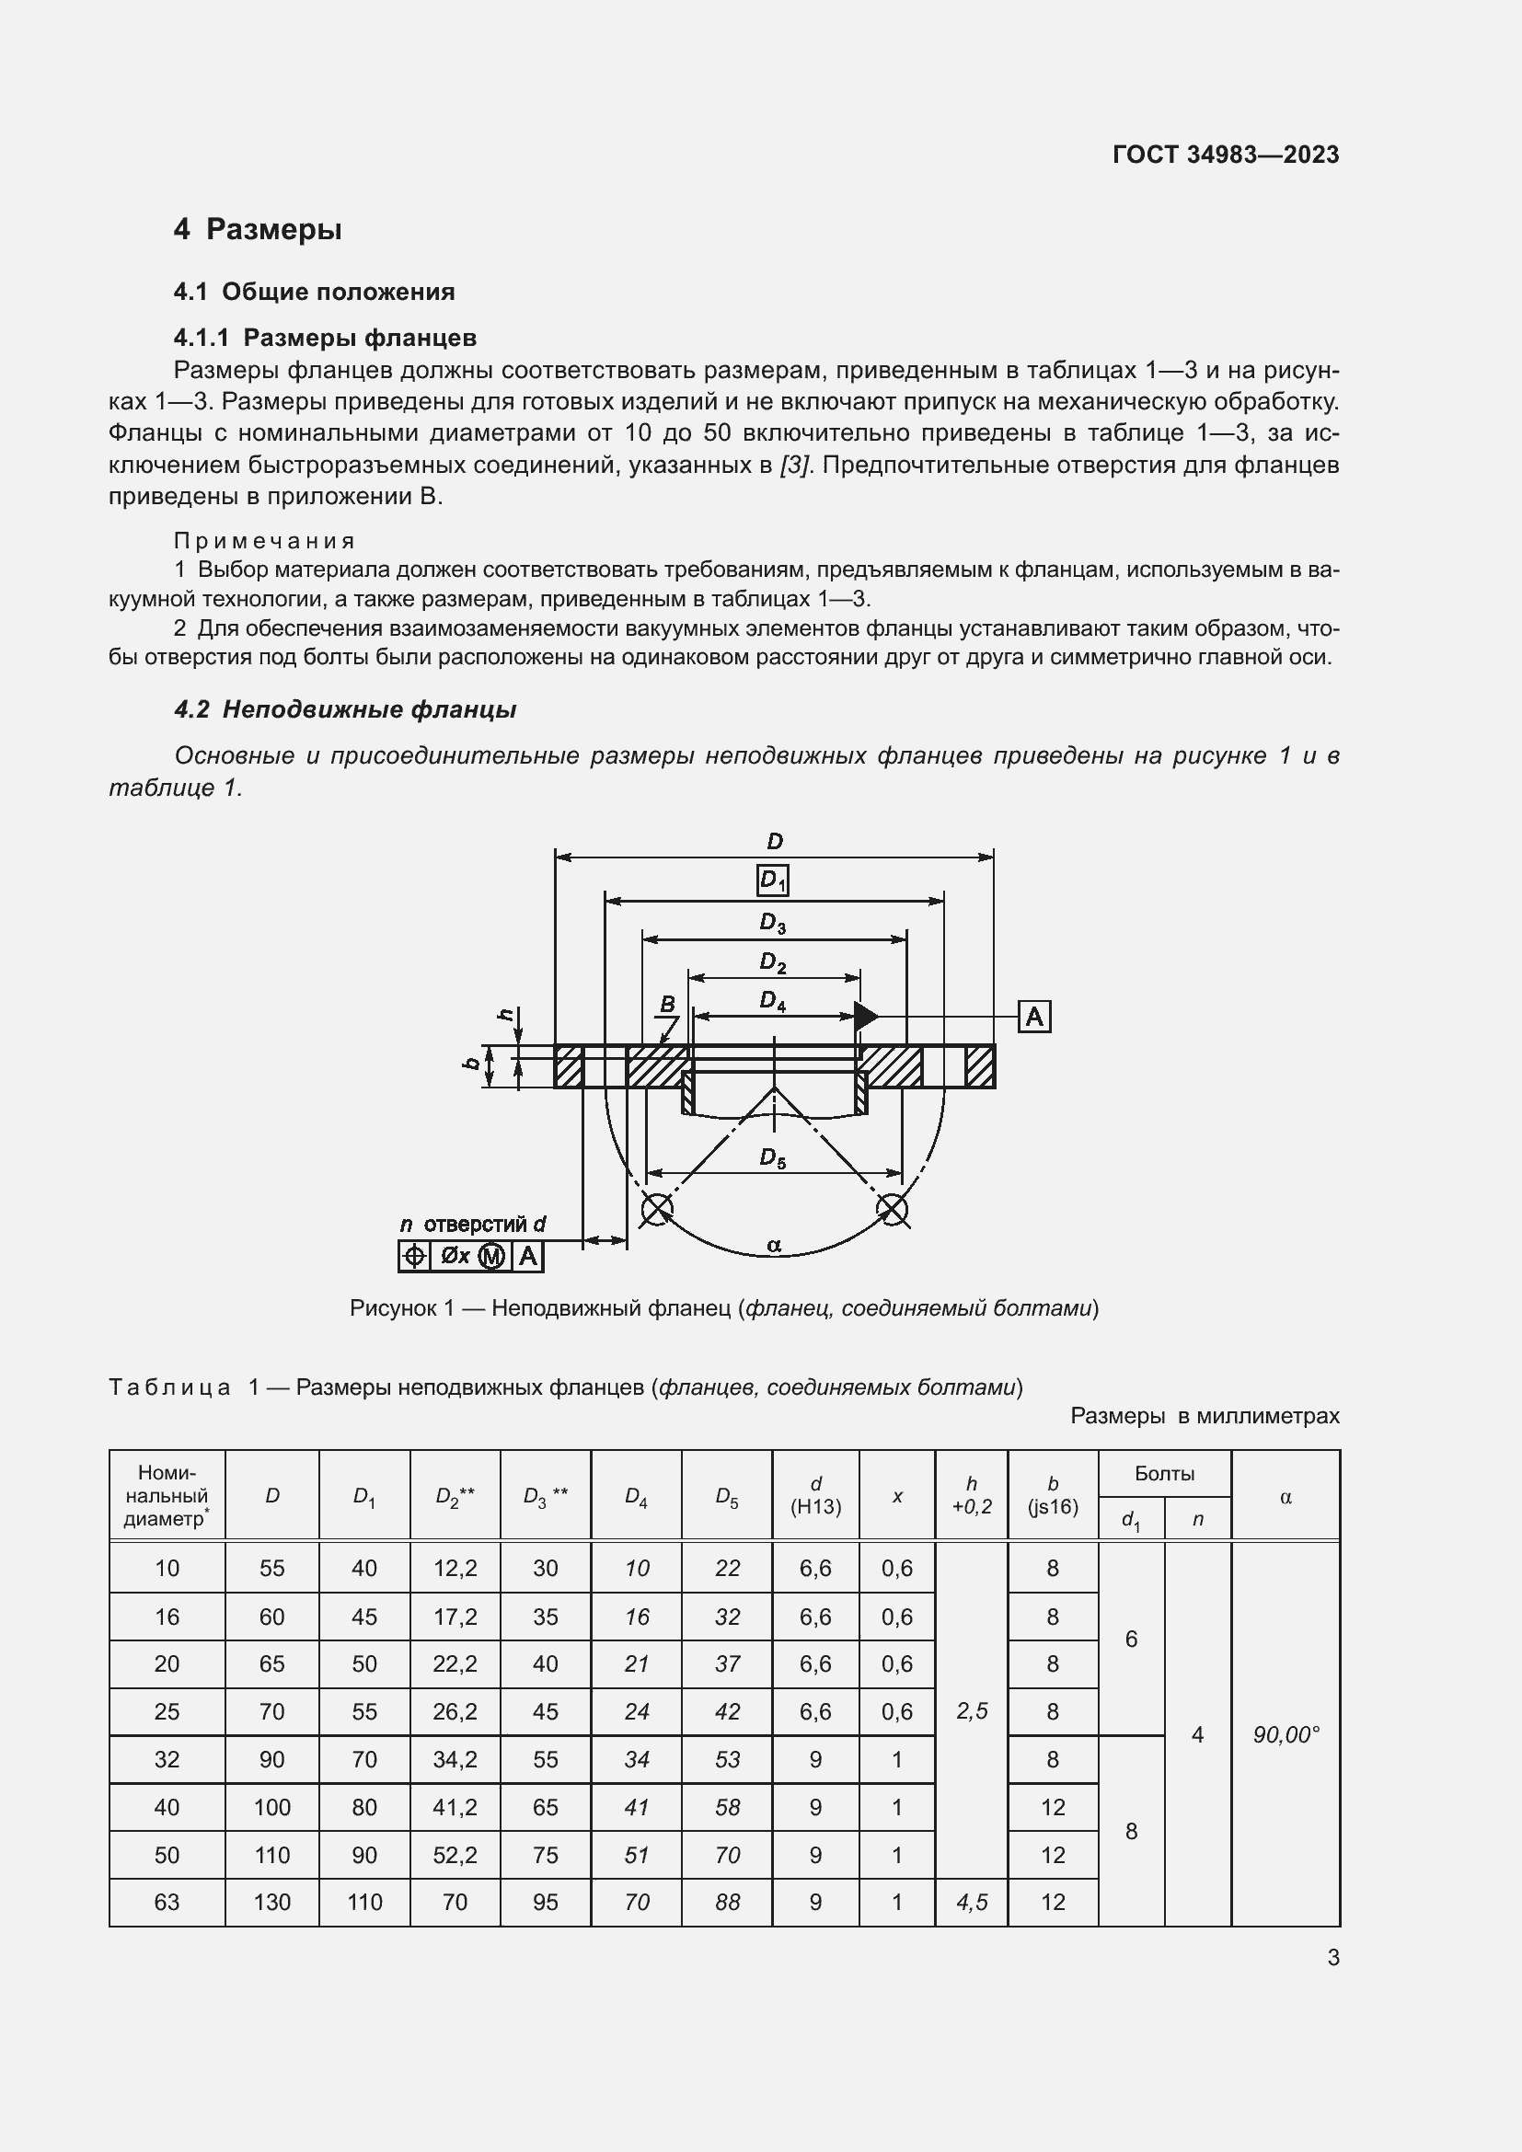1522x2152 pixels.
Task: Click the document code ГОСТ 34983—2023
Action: [x=1225, y=155]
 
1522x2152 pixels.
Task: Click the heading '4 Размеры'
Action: [x=258, y=230]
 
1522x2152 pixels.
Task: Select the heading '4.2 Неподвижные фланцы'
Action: [x=345, y=709]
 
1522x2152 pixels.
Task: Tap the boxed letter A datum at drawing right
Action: [x=1033, y=1017]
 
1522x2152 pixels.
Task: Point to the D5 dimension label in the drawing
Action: [x=772, y=1159]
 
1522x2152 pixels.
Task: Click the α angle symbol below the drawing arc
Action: [x=774, y=1246]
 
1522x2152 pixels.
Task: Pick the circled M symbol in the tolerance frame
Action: [x=492, y=1257]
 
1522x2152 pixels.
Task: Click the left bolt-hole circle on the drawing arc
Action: [x=656, y=1209]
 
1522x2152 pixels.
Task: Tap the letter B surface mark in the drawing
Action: [x=667, y=1005]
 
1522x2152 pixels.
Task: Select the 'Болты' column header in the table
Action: [x=1164, y=1473]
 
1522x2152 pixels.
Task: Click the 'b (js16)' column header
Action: [x=1053, y=1495]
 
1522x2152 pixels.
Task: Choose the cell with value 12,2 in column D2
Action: [x=455, y=1568]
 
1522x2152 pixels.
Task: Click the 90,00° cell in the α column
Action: [x=1286, y=1735]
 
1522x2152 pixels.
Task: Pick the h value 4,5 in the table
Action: [x=972, y=1903]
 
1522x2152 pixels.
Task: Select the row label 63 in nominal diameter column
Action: [x=167, y=1903]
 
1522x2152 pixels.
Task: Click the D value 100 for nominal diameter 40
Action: [x=271, y=1807]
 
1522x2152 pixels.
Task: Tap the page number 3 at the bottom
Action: [x=1332, y=1958]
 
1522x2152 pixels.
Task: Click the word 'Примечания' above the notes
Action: [x=265, y=541]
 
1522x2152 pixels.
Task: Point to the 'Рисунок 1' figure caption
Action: [x=723, y=1307]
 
